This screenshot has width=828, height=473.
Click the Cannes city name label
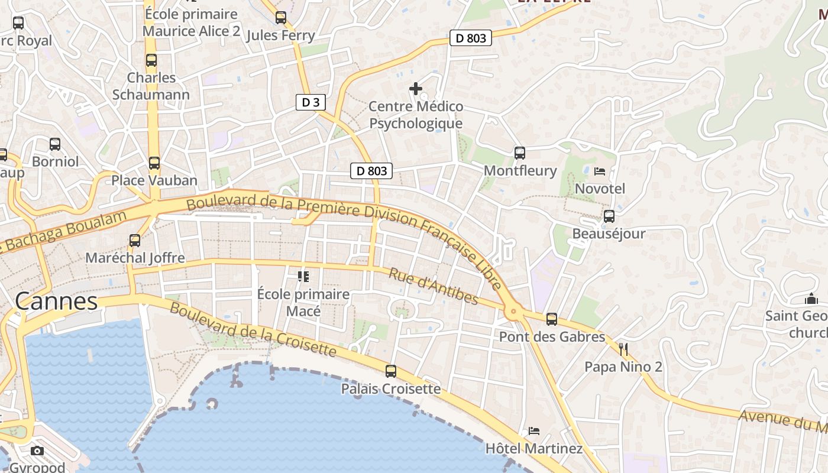pos(56,302)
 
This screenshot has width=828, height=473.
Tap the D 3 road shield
pos(310,102)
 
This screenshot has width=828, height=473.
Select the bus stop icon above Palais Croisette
pos(390,371)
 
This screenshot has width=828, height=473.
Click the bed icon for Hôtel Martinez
pos(534,430)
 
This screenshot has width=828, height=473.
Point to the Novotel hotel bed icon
pos(599,171)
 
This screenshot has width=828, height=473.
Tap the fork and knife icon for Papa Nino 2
pos(623,349)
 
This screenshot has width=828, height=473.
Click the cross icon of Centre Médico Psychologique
pos(416,89)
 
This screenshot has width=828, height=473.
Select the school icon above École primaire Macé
pos(303,276)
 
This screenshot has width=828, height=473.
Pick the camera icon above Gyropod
pos(37,451)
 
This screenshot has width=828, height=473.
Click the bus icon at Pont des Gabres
pos(552,319)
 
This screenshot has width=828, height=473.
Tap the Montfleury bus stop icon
pos(520,153)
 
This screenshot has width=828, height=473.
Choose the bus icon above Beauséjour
pos(609,216)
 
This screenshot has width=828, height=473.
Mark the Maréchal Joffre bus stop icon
pos(135,241)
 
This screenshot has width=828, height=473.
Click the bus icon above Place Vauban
pos(154,163)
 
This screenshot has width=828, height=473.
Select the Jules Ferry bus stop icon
pos(281,18)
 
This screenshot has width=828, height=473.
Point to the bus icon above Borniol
pos(55,144)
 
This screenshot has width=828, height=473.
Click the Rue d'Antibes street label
pos(433,286)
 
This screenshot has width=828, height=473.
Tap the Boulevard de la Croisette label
pos(253,331)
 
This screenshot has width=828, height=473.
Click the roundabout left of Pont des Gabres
pos(513,311)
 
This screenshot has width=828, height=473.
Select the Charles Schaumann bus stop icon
pos(151,60)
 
